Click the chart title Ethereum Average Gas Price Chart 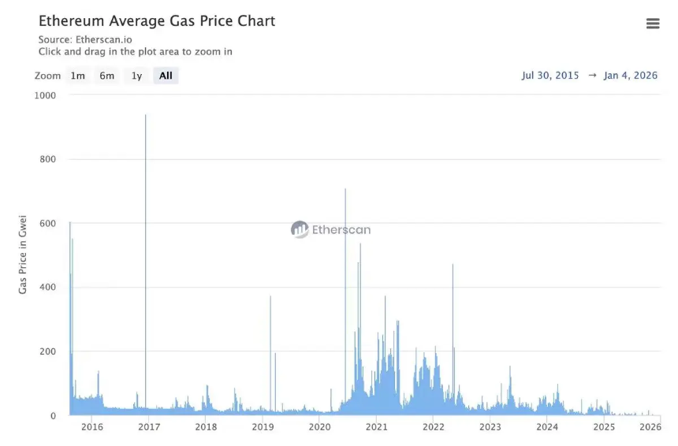tap(157, 21)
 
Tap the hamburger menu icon tap(653, 24)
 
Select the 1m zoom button tap(77, 76)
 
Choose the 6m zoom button tap(106, 76)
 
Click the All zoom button tap(166, 76)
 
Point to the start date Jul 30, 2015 tap(550, 76)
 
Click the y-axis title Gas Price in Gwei tap(23, 254)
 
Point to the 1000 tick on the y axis tap(45, 95)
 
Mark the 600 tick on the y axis tap(47, 224)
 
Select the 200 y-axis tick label tap(47, 351)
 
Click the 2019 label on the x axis tap(263, 427)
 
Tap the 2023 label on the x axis tap(490, 427)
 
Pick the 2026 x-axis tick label tap(650, 427)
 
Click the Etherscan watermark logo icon tap(300, 229)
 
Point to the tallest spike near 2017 tap(146, 116)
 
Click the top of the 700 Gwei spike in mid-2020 tap(345, 189)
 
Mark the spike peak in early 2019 tap(270, 297)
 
